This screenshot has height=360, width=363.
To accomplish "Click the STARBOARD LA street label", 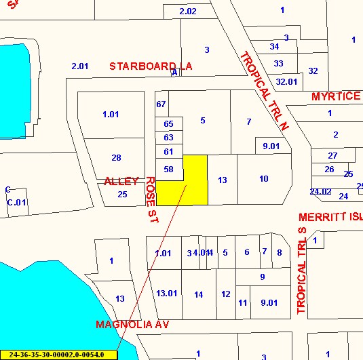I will click(151, 66).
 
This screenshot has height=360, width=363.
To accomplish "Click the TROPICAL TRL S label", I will click(302, 271).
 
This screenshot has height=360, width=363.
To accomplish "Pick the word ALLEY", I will click(121, 181).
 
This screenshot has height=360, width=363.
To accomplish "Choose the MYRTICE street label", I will click(336, 96).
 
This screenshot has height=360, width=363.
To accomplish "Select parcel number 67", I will click(161, 104).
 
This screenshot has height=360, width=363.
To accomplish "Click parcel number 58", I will click(169, 169).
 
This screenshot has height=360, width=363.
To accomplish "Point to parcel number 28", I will click(116, 158).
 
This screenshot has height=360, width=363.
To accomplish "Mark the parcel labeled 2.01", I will click(80, 66).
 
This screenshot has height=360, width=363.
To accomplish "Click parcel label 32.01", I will click(286, 81).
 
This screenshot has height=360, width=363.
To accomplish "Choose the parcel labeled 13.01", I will click(166, 294).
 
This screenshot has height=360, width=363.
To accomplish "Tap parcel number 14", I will click(198, 294).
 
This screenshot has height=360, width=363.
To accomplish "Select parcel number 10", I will click(263, 178).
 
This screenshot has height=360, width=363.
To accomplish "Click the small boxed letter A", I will click(174, 72).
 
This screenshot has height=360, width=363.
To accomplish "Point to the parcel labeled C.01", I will click(16, 202).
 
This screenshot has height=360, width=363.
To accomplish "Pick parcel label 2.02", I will click(188, 12).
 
